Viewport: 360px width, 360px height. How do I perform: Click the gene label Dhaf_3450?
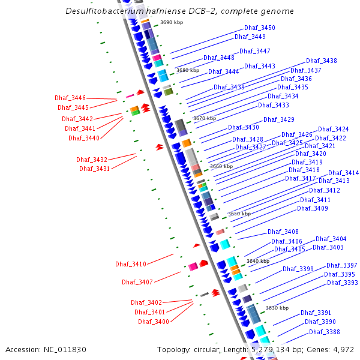coord(260,28)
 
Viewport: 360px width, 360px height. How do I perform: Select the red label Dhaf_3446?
coord(70,98)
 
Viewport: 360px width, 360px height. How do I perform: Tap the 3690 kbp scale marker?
coord(172,22)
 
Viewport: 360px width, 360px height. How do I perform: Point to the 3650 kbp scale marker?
coord(239,214)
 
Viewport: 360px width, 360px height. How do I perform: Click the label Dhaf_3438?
coord(322,61)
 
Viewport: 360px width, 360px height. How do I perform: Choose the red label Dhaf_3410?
coord(131,265)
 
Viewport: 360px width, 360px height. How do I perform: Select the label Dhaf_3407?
coord(137,282)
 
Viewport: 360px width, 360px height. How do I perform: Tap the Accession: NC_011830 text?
coord(46,349)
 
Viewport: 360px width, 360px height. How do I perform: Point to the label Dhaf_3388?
coord(325,332)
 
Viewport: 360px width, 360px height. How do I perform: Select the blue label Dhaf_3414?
coord(344,173)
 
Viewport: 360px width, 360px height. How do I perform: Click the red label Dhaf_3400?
coord(154,322)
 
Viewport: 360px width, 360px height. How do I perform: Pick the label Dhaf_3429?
coord(279,120)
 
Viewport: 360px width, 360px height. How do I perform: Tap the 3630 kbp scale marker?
coord(277,308)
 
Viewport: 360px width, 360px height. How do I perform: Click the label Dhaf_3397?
coord(342,266)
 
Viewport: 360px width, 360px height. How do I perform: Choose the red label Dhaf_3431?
coord(95,169)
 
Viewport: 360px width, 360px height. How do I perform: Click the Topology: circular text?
coord(191,349)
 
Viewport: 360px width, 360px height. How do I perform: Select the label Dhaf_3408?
coord(283,232)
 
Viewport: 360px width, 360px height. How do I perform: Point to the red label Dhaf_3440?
coord(84,138)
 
